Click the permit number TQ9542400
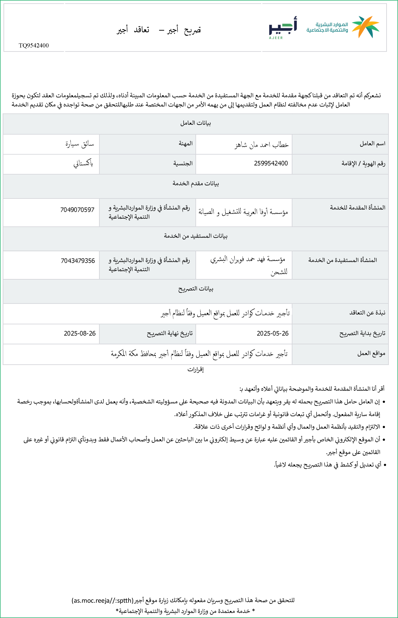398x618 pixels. point(34,45)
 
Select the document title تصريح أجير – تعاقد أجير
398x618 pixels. point(159,30)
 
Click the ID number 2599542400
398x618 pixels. point(271,163)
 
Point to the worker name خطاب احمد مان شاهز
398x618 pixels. point(261,145)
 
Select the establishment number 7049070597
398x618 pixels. point(77,210)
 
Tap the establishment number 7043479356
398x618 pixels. point(78,261)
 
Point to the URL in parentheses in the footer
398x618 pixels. point(103,600)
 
